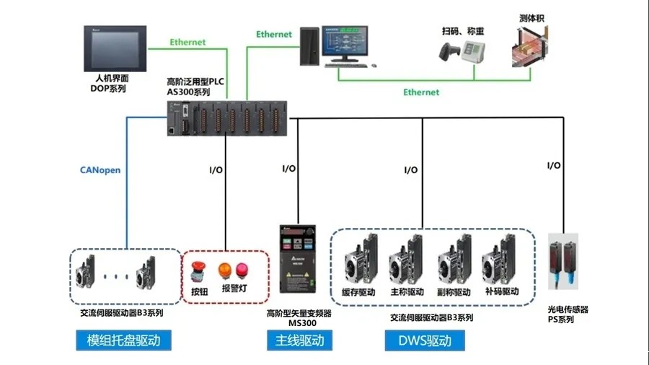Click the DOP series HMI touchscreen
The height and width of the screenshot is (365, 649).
[115, 48]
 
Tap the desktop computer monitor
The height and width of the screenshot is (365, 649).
[349, 42]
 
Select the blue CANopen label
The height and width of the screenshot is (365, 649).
[100, 171]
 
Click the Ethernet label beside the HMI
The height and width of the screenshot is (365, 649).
[187, 42]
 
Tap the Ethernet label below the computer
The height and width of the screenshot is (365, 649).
[421, 92]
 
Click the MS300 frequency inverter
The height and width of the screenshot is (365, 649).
[299, 263]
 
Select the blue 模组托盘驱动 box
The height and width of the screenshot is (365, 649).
[123, 340]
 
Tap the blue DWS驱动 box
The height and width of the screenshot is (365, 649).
[424, 340]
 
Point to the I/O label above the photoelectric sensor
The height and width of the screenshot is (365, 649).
[554, 166]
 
